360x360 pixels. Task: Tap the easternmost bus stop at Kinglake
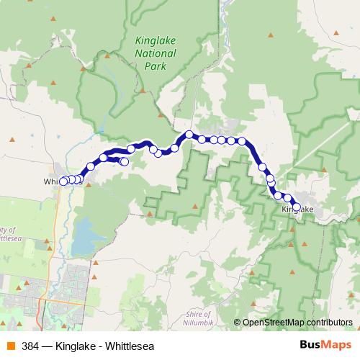pos(296,207)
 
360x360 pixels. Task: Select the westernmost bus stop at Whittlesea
pos(63,181)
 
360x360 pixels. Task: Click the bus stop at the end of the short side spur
pos(125,162)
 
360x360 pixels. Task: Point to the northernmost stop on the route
pos(189,134)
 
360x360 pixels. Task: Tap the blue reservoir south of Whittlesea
pos(85,234)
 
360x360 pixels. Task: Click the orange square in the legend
pos(10,346)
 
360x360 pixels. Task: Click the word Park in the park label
pos(155,66)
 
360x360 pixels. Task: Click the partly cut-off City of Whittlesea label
pos(10,233)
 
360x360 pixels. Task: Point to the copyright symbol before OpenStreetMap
pos(238,322)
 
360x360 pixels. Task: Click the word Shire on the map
pos(199,314)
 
